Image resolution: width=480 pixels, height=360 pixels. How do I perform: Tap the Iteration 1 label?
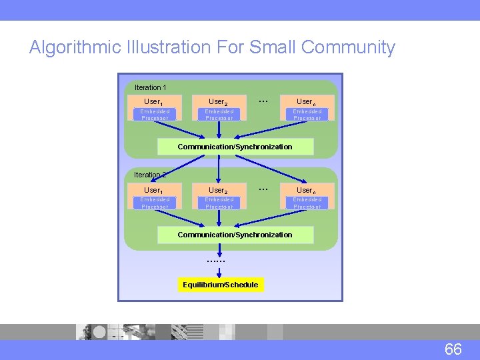(x=150, y=87)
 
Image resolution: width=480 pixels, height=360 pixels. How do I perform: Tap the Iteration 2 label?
(x=150, y=175)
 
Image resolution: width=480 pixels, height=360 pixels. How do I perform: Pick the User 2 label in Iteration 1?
(x=218, y=102)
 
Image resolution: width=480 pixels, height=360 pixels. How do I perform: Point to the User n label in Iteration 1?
(x=307, y=102)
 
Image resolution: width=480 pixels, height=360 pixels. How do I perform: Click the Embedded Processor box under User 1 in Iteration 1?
(x=155, y=115)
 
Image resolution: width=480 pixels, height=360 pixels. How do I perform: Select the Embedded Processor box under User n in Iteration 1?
(x=307, y=115)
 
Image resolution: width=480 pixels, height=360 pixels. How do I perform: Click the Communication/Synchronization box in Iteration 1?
(x=235, y=147)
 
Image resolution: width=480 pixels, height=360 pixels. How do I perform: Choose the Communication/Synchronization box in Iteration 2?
(x=235, y=235)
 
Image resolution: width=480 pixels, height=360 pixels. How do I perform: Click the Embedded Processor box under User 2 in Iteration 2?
(x=219, y=203)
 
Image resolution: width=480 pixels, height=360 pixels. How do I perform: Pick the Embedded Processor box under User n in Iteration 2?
(x=307, y=203)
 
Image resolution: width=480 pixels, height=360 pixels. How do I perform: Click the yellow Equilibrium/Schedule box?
(x=220, y=285)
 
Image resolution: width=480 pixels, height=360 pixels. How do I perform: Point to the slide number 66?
(x=453, y=349)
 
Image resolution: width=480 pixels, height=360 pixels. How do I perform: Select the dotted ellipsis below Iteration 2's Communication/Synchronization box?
(x=216, y=261)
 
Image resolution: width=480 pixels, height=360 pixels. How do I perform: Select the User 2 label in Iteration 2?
(x=218, y=190)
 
